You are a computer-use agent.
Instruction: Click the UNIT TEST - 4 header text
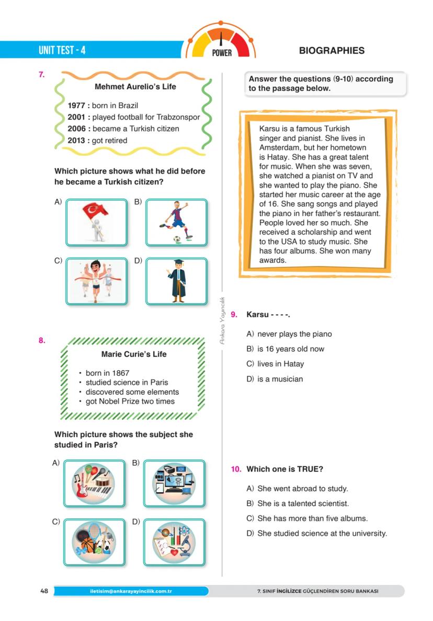(x=62, y=51)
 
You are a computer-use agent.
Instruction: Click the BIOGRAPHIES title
(x=332, y=51)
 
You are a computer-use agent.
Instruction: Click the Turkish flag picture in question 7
(x=97, y=222)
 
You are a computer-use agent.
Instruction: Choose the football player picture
(x=176, y=222)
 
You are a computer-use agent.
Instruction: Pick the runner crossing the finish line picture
(x=97, y=281)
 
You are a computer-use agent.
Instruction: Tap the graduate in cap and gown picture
(x=176, y=281)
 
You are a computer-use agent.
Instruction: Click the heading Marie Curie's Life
(x=133, y=354)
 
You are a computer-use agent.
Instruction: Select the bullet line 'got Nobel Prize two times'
(x=130, y=401)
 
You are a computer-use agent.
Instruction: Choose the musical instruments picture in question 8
(x=95, y=483)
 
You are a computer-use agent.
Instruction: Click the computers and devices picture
(x=174, y=483)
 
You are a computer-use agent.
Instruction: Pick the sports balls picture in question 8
(x=95, y=542)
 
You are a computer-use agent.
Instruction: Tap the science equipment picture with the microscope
(x=174, y=542)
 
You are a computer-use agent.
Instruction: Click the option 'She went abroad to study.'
(x=302, y=489)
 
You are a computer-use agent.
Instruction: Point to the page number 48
(x=44, y=591)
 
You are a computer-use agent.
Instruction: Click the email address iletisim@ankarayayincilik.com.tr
(x=131, y=591)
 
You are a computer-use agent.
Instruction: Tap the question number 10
(x=236, y=469)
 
